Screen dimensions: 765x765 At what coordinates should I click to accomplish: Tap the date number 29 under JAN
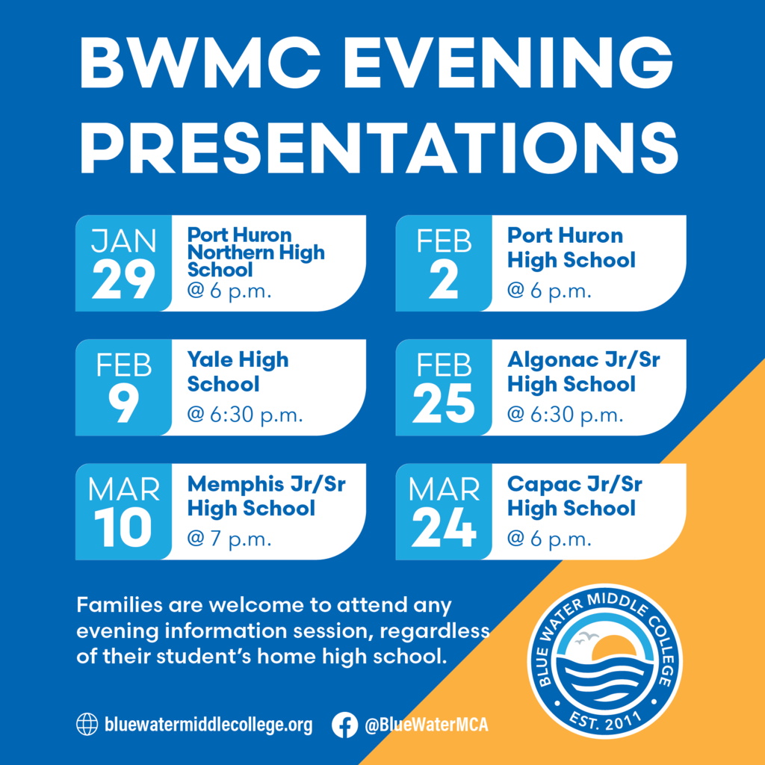pyautogui.click(x=123, y=281)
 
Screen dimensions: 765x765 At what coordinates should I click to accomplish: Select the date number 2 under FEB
pyautogui.click(x=444, y=281)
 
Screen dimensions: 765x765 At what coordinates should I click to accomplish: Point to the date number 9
pyautogui.click(x=123, y=405)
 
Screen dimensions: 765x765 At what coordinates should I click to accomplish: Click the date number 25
pyautogui.click(x=444, y=405)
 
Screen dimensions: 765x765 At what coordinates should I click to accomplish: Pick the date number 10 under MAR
pyautogui.click(x=123, y=529)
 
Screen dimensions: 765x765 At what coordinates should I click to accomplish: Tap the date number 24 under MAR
pyautogui.click(x=444, y=529)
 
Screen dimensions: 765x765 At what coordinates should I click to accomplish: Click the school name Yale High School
pyautogui.click(x=238, y=372)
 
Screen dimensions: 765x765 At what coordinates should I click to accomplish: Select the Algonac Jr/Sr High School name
pyautogui.click(x=583, y=372)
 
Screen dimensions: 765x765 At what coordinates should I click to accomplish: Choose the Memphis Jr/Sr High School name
pyautogui.click(x=266, y=496)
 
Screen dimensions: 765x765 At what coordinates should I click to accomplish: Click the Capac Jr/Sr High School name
pyautogui.click(x=574, y=496)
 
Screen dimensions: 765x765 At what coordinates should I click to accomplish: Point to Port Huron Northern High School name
pyautogui.click(x=255, y=252)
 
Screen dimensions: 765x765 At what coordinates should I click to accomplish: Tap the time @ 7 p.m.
pyautogui.click(x=229, y=539)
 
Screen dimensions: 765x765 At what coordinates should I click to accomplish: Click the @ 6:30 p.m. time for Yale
pyautogui.click(x=245, y=415)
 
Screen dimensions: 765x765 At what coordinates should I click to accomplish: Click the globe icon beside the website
pyautogui.click(x=87, y=724)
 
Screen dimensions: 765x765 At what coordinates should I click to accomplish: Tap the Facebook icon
pyautogui.click(x=344, y=724)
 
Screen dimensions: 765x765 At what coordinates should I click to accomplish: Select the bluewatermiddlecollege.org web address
pyautogui.click(x=208, y=725)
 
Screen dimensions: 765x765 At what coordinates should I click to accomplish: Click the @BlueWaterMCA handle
pyautogui.click(x=426, y=725)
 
